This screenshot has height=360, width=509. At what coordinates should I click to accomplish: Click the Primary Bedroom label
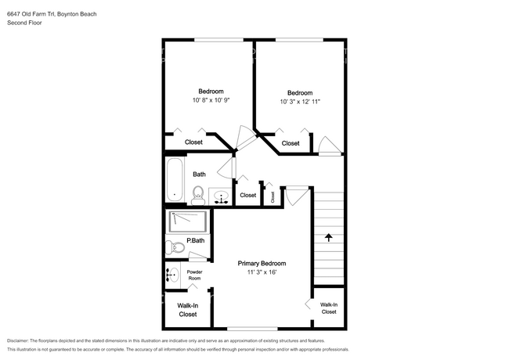point(262,264)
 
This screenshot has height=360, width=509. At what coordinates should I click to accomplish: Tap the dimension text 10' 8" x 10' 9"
point(211,100)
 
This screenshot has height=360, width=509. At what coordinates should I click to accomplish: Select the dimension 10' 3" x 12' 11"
point(300,102)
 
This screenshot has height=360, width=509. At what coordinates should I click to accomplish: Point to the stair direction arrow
point(329,237)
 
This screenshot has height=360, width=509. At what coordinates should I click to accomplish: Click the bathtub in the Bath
point(175,179)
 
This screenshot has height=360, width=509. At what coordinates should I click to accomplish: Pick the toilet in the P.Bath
point(175,248)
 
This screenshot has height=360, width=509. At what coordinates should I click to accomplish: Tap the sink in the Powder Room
point(172,275)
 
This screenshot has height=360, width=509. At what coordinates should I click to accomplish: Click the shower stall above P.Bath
point(188,221)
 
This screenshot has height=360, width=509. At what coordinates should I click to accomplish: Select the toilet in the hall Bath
point(197,196)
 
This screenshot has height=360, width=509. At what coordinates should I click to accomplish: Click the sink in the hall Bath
point(222,197)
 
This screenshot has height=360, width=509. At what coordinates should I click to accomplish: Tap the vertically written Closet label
point(273,197)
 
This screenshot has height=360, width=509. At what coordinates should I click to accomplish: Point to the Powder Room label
point(194,275)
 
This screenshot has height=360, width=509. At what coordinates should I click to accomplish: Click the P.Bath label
point(196,240)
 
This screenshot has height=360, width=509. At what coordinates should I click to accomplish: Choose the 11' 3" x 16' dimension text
point(262,272)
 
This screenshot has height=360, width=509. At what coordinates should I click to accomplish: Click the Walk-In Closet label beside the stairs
point(329,308)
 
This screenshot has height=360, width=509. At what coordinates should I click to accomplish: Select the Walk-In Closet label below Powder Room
point(188,310)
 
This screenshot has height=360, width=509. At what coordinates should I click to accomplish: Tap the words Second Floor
point(24,23)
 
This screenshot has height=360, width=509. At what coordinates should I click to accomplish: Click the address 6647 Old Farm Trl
point(31,14)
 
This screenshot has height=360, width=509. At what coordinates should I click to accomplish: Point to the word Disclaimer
point(17,340)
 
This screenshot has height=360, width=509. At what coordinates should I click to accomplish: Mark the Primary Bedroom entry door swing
point(297,196)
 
